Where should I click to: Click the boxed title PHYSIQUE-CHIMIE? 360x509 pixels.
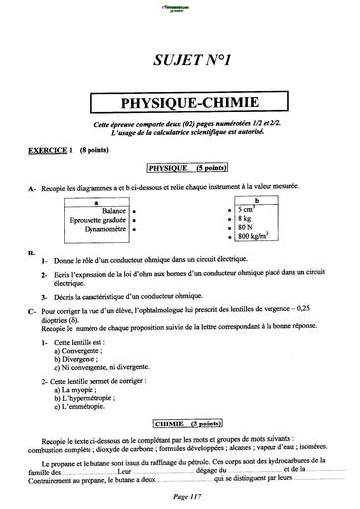[x=179, y=101]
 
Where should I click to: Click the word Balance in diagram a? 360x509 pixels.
[x=113, y=210]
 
